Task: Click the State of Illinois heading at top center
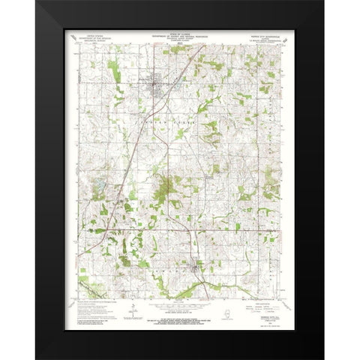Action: tap(180, 35)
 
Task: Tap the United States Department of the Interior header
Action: tap(98, 37)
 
